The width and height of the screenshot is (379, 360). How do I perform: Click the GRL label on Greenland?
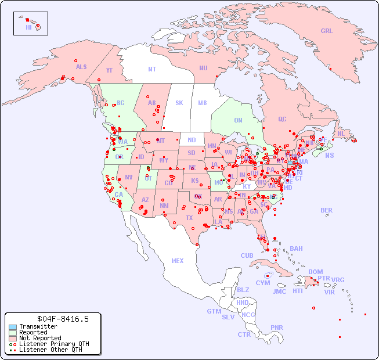click(327, 31)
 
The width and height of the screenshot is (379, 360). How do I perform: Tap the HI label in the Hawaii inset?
click(28, 27)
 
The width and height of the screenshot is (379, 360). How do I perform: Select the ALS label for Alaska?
click(81, 67)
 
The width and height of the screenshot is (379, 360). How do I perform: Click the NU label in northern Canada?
click(203, 68)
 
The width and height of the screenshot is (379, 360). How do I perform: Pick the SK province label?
click(179, 103)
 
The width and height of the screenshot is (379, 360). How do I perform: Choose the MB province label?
click(202, 103)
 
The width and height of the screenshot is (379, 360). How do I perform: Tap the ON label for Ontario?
click(238, 120)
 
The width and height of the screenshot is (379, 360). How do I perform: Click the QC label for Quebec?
click(282, 119)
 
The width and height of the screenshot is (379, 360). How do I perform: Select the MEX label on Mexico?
click(177, 261)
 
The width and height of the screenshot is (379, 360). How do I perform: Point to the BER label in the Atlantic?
click(326, 210)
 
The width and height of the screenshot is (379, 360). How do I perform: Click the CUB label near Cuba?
click(247, 255)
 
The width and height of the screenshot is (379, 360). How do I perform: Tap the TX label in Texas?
click(189, 218)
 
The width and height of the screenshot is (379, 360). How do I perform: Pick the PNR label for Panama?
click(277, 327)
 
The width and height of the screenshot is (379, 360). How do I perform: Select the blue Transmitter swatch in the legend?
click(12, 327)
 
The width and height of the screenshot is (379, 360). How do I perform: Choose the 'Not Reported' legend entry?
click(40, 338)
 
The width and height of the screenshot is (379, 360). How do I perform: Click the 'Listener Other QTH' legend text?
click(50, 350)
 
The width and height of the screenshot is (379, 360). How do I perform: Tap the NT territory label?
click(151, 69)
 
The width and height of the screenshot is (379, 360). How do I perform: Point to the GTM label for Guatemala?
click(214, 311)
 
